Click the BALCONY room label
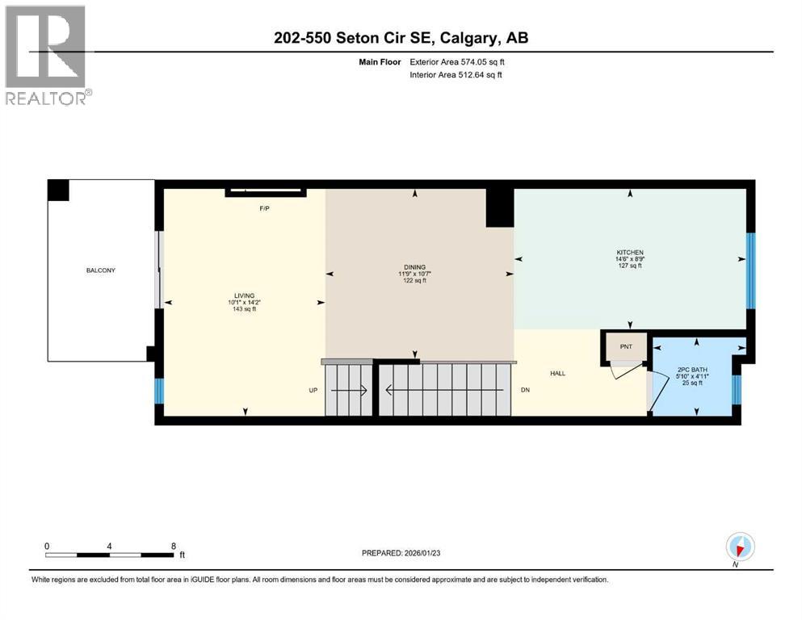(x=101, y=270)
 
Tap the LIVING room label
(x=243, y=296)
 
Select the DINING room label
(x=415, y=267)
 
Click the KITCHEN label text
(x=629, y=253)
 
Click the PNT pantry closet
(x=626, y=347)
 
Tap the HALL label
(x=558, y=374)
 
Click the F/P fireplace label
(x=264, y=208)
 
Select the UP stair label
(x=313, y=391)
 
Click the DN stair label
(x=525, y=391)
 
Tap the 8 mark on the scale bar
(x=174, y=546)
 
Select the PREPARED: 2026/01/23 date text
(x=405, y=553)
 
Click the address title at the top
(x=401, y=38)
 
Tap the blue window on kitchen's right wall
(x=750, y=270)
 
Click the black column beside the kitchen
(x=500, y=207)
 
